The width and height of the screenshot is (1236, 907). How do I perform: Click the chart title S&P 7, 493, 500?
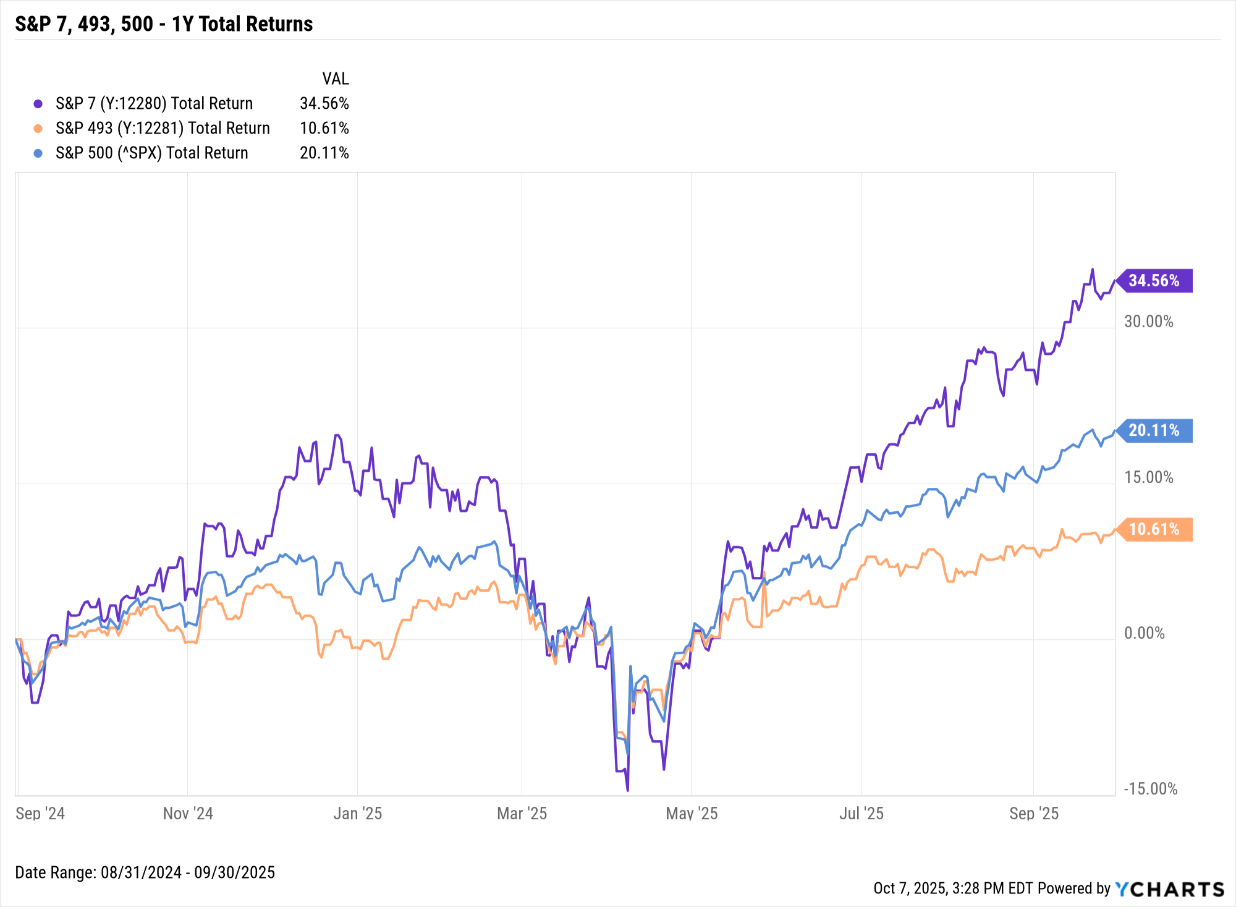(x=164, y=24)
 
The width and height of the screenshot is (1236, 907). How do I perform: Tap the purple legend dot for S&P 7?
(x=38, y=104)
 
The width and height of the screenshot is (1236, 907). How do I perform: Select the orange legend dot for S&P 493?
(x=38, y=129)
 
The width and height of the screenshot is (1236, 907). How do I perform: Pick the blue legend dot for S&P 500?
(x=38, y=153)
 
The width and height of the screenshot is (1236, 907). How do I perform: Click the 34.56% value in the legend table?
(x=324, y=103)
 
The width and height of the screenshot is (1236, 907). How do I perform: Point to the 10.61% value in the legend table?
(x=324, y=128)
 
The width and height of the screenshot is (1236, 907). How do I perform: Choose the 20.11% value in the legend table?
(x=324, y=153)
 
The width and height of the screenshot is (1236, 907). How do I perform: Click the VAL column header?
(x=335, y=79)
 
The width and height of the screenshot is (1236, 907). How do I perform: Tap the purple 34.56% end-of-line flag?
(x=1154, y=281)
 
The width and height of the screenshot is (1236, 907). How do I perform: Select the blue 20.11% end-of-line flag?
(x=1154, y=430)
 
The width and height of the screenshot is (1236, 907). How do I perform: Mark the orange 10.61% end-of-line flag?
(x=1154, y=529)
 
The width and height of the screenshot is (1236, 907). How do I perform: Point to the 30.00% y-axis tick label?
(x=1148, y=321)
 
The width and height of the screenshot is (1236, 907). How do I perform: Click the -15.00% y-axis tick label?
(x=1150, y=789)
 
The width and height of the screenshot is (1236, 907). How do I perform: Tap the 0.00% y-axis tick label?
(x=1144, y=633)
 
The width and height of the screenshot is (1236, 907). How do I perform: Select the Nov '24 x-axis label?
(x=188, y=813)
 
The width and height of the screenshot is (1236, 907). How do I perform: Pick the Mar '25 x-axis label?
(x=522, y=813)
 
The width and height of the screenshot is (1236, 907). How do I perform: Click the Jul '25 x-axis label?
(x=861, y=813)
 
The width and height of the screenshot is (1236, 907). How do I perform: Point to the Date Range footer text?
(x=145, y=872)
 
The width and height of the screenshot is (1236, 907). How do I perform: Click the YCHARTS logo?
(x=1170, y=889)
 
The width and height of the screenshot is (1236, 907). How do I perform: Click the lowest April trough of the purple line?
(x=627, y=790)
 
